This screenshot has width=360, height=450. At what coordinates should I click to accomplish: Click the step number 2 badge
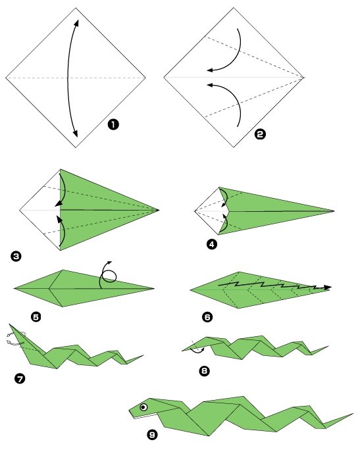pyautogui.click(x=259, y=134)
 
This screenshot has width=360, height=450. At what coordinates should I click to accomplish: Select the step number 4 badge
pyautogui.click(x=211, y=244)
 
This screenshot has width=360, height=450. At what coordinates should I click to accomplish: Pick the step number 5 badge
pyautogui.click(x=36, y=316)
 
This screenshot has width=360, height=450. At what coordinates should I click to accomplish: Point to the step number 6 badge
pyautogui.click(x=207, y=316)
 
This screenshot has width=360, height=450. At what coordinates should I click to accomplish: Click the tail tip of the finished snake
pyautogui.click(x=352, y=414)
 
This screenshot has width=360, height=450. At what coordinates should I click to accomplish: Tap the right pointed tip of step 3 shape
pyautogui.click(x=158, y=210)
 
